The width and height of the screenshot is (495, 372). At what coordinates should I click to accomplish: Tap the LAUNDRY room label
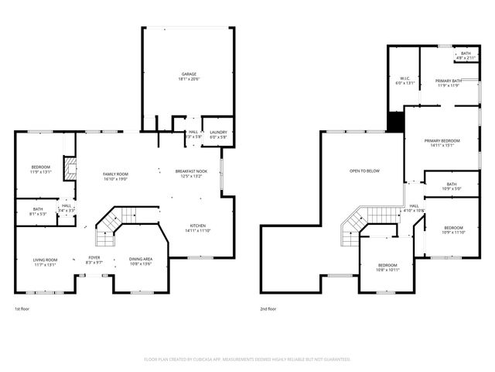(x=218, y=134)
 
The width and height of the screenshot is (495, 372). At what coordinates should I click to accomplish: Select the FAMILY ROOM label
(x=115, y=176)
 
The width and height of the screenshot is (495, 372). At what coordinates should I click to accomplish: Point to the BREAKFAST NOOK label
(x=190, y=173)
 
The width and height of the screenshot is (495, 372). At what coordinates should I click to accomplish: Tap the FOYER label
(x=94, y=260)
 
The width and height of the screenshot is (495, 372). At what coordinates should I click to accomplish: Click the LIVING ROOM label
(x=46, y=262)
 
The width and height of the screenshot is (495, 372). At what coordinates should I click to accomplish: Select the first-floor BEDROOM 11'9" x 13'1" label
(x=41, y=170)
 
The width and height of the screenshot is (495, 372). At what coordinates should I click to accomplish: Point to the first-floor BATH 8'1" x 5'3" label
(x=37, y=210)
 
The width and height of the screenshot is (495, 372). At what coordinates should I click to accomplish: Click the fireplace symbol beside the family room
(x=70, y=169)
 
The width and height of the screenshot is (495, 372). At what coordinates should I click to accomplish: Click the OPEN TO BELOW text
(x=364, y=170)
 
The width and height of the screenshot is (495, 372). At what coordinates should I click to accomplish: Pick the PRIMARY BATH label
(x=449, y=83)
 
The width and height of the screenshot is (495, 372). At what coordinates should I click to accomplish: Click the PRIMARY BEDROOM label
(x=442, y=143)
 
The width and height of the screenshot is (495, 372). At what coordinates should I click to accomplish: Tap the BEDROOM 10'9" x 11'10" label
(x=453, y=229)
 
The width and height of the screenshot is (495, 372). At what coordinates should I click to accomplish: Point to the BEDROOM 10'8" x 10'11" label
(x=388, y=267)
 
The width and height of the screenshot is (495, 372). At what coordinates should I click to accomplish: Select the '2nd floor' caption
(x=268, y=308)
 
